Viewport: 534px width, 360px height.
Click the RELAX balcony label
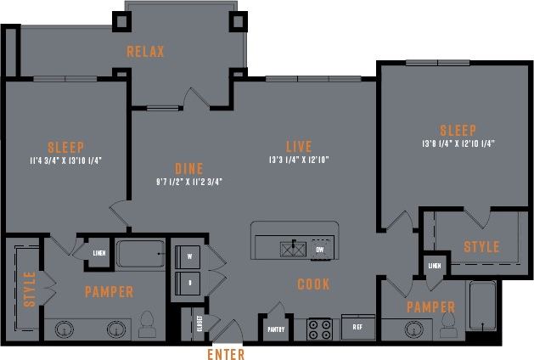tap(145, 52)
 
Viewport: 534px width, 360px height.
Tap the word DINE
tap(188, 168)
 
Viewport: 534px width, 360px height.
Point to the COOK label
tap(312, 284)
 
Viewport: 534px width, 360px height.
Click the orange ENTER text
tap(225, 354)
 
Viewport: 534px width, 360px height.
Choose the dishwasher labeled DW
tap(318, 250)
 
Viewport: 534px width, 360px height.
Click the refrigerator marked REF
tap(357, 326)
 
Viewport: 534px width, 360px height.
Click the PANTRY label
tap(277, 329)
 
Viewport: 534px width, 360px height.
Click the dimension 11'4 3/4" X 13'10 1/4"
tap(65, 160)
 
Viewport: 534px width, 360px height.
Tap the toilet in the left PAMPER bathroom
tap(146, 322)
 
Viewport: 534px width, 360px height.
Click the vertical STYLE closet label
tap(30, 289)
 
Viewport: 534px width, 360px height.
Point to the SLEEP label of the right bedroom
tap(458, 130)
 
